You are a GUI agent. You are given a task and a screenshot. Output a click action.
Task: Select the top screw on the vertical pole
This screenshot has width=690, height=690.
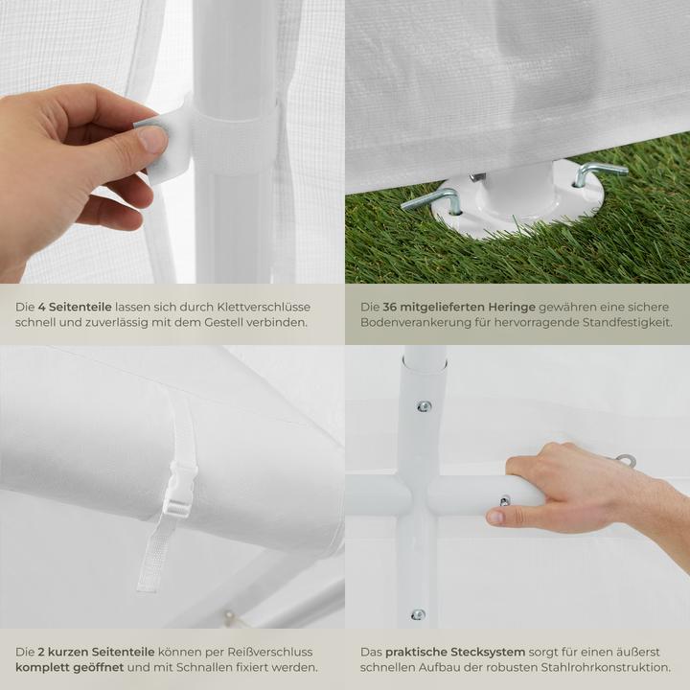(423, 405)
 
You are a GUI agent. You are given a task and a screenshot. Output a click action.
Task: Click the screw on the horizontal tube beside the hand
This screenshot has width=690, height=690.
(504, 499)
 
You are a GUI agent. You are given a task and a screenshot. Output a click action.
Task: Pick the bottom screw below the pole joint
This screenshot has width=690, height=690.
(418, 614)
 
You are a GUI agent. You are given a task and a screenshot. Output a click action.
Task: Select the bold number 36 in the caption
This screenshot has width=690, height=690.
(391, 306)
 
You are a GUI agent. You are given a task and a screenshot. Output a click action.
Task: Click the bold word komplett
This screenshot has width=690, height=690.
(42, 667)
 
